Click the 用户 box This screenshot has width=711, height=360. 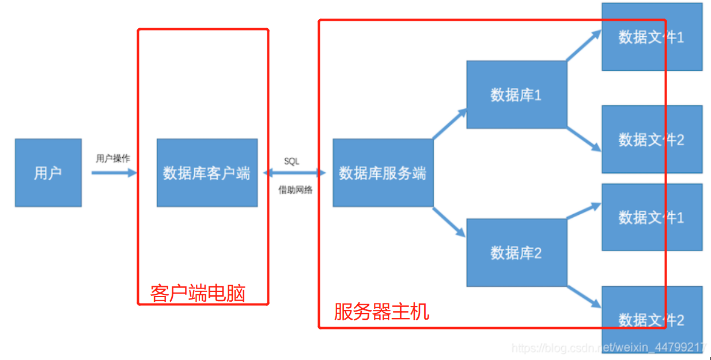[x=48, y=173]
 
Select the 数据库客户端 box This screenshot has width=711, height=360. [x=207, y=173]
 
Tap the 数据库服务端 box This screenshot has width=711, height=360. [x=383, y=173]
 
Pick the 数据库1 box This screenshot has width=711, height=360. [x=516, y=94]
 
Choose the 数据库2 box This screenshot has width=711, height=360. [x=516, y=252]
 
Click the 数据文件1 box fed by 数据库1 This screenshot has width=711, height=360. [x=652, y=37]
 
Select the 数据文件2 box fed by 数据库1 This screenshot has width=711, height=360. [x=652, y=139]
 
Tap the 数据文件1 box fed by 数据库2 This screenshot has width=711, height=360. [x=652, y=217]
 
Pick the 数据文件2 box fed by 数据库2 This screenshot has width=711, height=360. [x=652, y=319]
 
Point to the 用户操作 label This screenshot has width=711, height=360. [x=113, y=158]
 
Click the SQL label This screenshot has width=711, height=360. [x=292, y=161]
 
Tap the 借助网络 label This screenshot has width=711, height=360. [x=296, y=190]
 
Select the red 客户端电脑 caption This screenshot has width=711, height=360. [x=198, y=293]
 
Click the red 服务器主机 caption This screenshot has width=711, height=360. [x=381, y=312]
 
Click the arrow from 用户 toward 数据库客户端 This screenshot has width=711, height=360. [x=114, y=172]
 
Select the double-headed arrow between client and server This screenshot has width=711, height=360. [x=294, y=172]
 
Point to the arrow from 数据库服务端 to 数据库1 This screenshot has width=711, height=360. [x=450, y=124]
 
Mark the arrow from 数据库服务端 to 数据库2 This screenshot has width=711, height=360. [x=449, y=222]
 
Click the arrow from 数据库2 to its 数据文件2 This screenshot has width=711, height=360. [x=583, y=296]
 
